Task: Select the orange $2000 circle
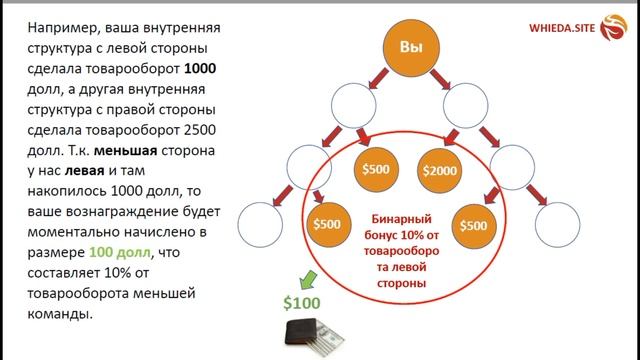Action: [440, 171]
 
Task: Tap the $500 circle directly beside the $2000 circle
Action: [377, 169]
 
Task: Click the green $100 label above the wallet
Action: [300, 302]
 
